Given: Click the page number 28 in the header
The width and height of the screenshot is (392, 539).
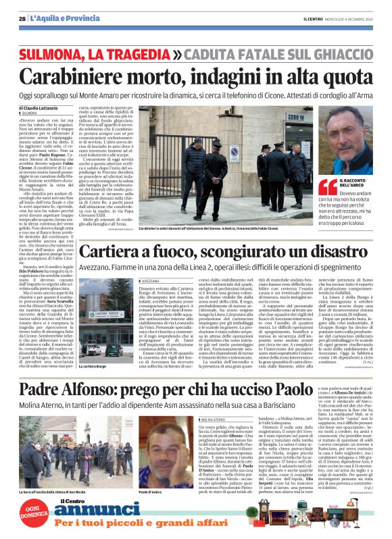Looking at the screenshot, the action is pos(23,19).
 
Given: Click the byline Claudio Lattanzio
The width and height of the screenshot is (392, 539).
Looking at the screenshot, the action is pos(41,108).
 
